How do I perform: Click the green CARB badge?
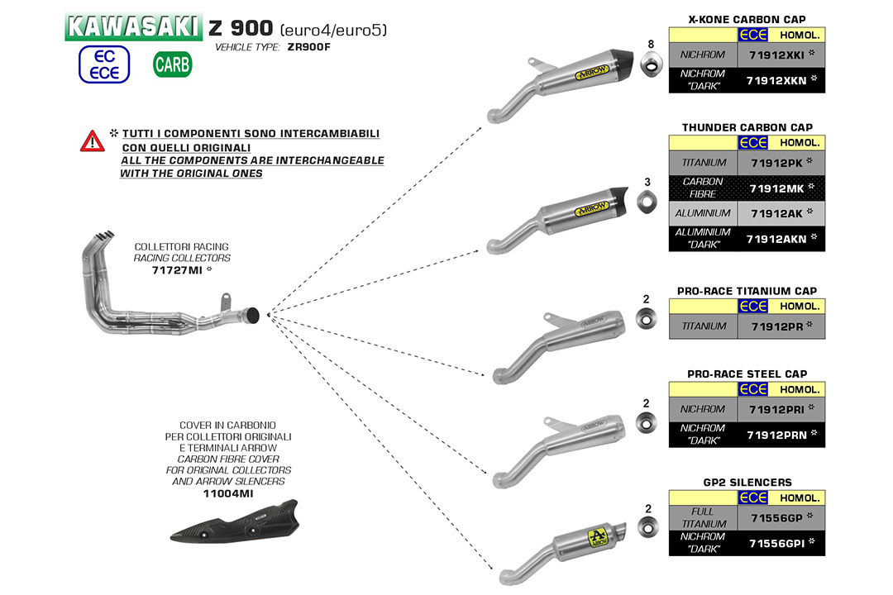(172, 64)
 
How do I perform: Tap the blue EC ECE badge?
(104, 64)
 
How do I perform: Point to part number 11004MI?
(228, 493)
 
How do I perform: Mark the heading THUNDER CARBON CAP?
(747, 127)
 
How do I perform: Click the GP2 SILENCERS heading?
(747, 482)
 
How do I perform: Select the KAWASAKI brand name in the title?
(132, 26)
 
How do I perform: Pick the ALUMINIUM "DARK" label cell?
(703, 239)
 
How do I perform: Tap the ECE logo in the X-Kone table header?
(752, 35)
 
